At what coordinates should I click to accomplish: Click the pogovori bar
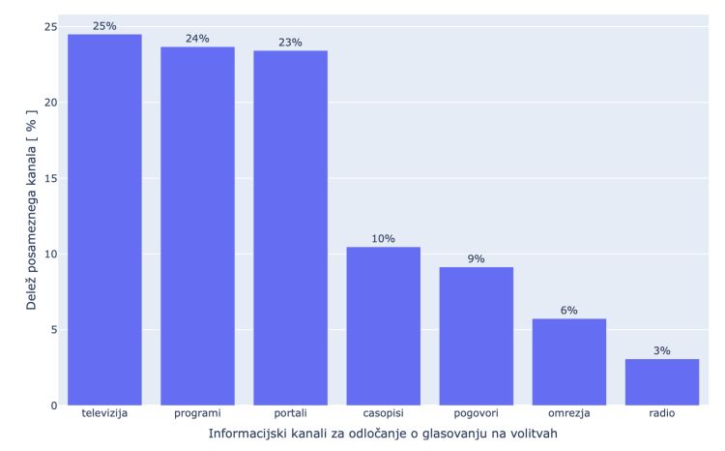tap(476, 336)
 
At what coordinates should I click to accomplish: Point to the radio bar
tap(661, 381)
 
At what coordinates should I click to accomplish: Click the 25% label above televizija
tap(104, 26)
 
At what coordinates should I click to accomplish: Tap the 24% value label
tap(197, 39)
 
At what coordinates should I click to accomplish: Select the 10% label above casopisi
tap(383, 239)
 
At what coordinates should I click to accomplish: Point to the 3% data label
tap(661, 351)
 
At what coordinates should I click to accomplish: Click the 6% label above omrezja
tap(568, 311)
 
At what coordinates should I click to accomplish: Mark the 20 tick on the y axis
tap(49, 103)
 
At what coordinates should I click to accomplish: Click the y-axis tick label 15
tap(49, 178)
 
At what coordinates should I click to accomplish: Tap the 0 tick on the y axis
tap(53, 405)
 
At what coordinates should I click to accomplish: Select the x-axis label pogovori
tap(476, 414)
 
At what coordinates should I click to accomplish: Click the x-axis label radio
tap(661, 414)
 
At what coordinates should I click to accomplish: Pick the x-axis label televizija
tap(104, 414)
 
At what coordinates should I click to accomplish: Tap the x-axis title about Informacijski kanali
tap(383, 435)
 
